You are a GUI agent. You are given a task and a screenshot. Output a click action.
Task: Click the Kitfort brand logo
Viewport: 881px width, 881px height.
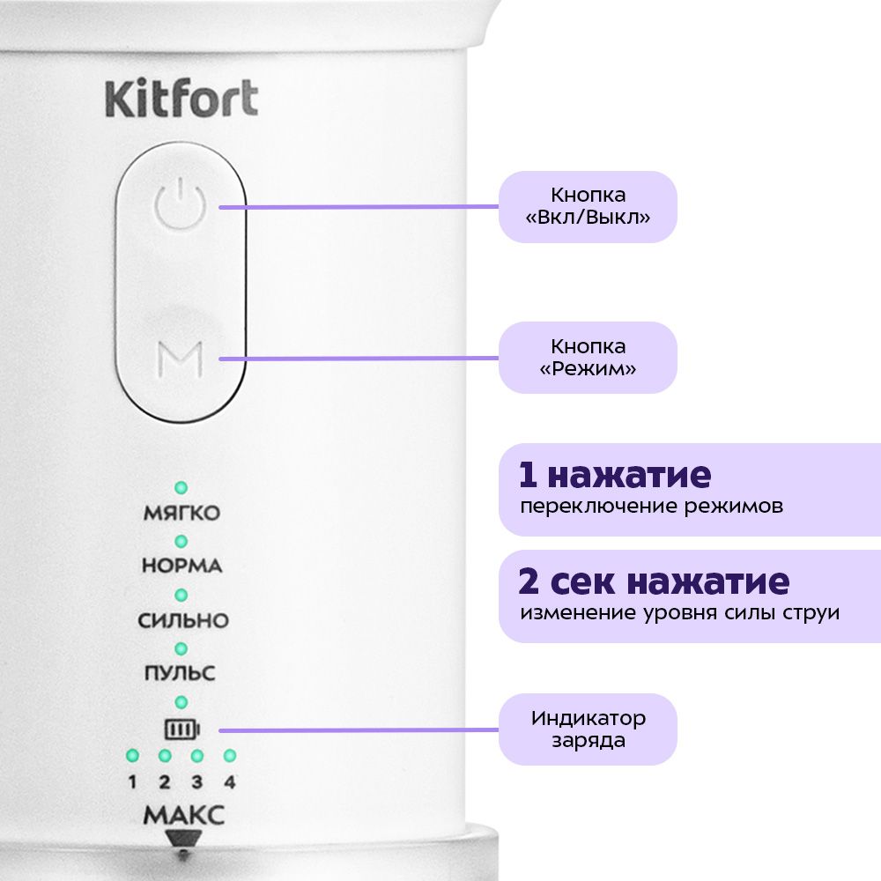(x=181, y=99)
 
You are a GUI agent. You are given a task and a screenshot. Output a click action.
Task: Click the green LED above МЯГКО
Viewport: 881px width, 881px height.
(x=181, y=488)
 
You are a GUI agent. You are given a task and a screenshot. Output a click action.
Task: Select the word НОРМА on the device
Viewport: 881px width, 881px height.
(x=182, y=566)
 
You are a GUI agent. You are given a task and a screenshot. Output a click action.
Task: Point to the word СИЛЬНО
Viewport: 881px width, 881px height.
(x=183, y=620)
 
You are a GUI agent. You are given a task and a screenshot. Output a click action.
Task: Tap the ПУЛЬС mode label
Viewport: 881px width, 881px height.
(x=180, y=673)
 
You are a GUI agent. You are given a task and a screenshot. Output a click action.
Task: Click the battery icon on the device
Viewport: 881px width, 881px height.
(x=181, y=729)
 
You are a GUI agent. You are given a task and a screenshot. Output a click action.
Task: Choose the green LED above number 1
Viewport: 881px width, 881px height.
(x=133, y=756)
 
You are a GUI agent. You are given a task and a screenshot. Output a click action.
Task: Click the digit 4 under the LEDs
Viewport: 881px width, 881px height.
(x=230, y=782)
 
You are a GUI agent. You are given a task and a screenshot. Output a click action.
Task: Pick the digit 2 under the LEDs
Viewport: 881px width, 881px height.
(x=165, y=782)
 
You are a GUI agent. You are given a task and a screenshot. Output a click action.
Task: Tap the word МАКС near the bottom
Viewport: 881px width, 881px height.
(x=184, y=815)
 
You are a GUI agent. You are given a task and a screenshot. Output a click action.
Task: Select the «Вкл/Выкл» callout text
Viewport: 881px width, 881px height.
(x=588, y=218)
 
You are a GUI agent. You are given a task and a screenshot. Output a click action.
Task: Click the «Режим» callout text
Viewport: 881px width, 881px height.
(x=588, y=368)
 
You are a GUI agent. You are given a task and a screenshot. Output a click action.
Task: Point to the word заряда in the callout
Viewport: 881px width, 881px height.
(x=589, y=742)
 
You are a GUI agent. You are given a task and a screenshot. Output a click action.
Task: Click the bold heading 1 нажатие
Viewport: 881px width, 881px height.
(x=615, y=476)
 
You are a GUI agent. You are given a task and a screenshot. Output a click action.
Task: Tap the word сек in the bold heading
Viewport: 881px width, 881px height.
(x=582, y=582)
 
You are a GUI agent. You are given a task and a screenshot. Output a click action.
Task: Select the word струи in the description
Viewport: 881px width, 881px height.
(x=811, y=613)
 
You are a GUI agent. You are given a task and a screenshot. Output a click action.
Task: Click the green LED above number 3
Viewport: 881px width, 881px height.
(x=197, y=756)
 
